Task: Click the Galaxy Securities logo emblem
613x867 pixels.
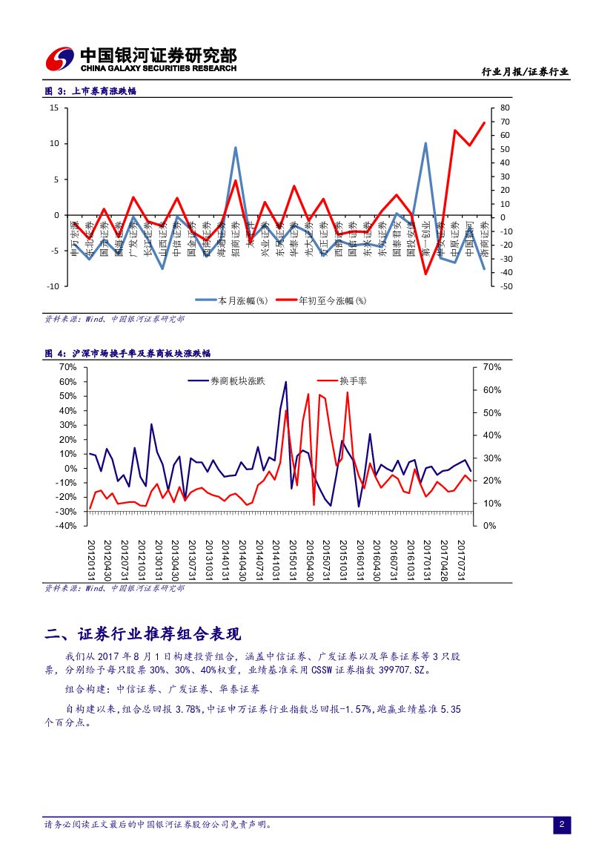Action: point(60,59)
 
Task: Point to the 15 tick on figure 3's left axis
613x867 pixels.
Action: point(54,108)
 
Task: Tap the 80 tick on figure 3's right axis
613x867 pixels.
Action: point(506,108)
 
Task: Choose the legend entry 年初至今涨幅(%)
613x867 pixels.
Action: point(331,300)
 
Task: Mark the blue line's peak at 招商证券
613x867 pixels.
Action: point(235,147)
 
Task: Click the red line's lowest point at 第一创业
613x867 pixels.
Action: point(425,274)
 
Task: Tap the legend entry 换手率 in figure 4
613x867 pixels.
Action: point(353,381)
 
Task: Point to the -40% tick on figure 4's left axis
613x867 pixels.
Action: point(67,526)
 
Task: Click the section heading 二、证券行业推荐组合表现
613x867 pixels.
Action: point(143,635)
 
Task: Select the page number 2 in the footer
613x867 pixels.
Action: point(562,825)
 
